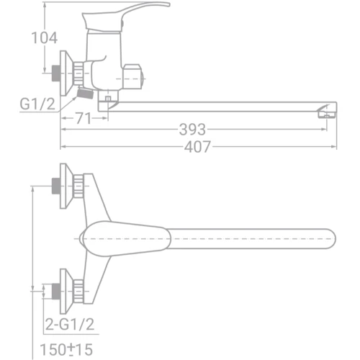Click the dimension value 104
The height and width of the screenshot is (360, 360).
pos(44,37)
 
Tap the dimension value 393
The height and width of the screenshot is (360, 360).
pos(193,130)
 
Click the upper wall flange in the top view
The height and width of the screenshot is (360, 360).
pos(67,186)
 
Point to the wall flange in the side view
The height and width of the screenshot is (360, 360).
pos(68,73)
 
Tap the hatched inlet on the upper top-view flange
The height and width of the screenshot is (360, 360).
pos(54,186)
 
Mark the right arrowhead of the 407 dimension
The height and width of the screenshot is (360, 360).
pos(333,147)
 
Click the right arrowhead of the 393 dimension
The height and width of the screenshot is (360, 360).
pos(325,130)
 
